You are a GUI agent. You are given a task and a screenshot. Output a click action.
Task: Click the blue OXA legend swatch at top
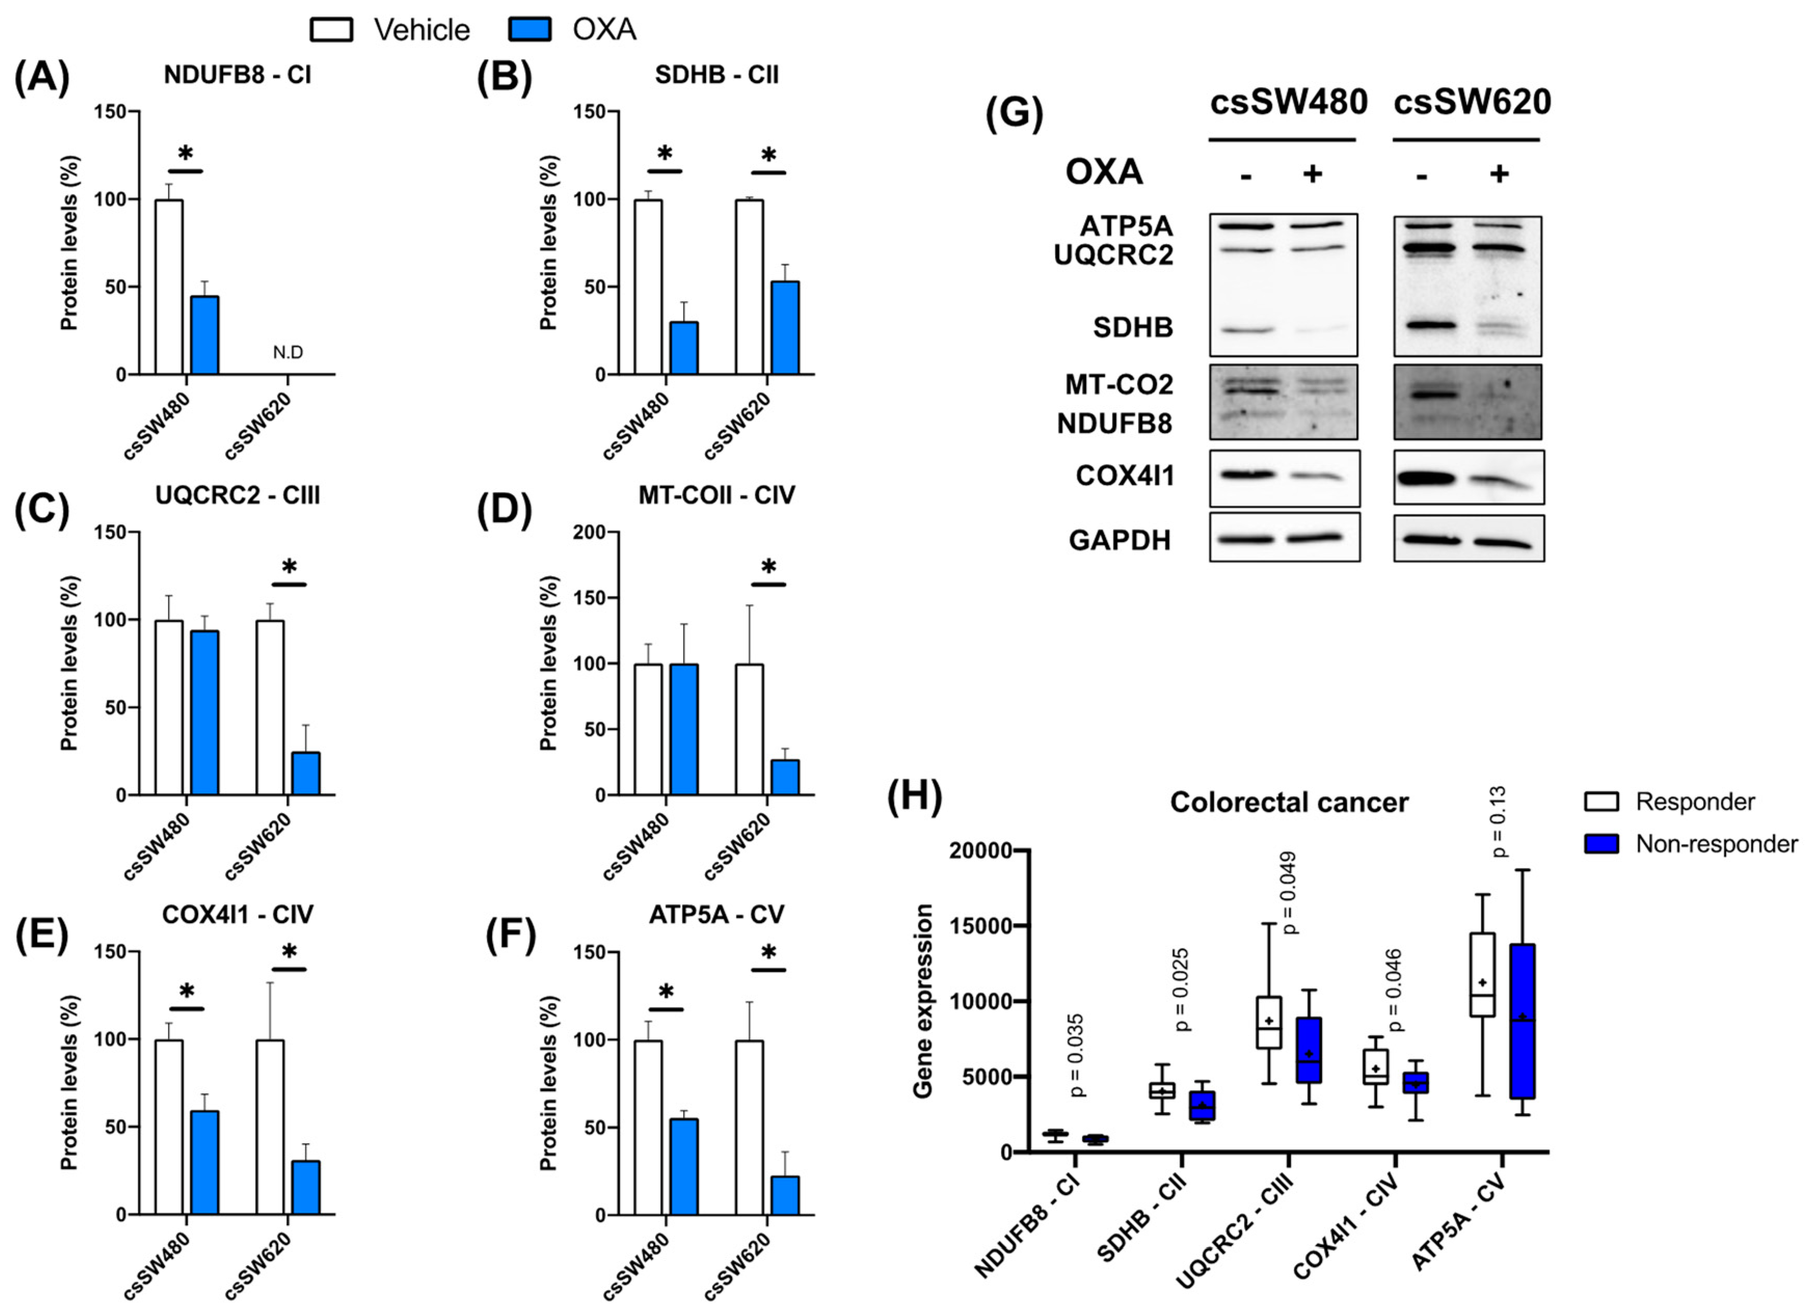click(x=529, y=30)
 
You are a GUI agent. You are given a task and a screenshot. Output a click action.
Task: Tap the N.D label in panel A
click(x=288, y=353)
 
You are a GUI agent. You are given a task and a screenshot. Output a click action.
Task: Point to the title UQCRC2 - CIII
click(x=237, y=496)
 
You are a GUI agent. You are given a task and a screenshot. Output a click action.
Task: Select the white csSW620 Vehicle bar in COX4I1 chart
click(x=270, y=1127)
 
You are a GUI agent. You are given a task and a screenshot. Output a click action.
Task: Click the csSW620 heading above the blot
click(x=1472, y=102)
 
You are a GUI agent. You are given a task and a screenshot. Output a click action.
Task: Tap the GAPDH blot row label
click(x=1119, y=540)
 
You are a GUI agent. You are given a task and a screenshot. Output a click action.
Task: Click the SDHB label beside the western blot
click(x=1133, y=327)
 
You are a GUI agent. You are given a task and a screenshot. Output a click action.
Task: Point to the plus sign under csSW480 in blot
click(x=1312, y=173)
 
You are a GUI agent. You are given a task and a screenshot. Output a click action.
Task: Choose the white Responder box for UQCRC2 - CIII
click(x=1269, y=1023)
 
